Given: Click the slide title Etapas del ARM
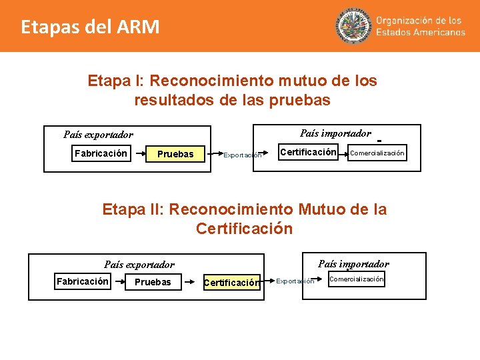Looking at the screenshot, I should (x=90, y=27).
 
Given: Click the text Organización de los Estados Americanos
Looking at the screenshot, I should (x=420, y=26).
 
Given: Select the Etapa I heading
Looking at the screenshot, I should (x=232, y=91).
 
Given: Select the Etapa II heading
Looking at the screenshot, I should (x=244, y=219).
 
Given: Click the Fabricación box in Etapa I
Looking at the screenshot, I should (x=101, y=154).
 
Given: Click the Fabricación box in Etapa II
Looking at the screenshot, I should (x=83, y=281).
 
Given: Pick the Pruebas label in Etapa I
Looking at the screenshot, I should (x=175, y=155).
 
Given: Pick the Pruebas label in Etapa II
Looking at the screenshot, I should (x=153, y=282).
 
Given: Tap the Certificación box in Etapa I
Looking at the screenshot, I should (x=308, y=153).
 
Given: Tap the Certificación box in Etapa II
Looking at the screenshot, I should (x=231, y=283).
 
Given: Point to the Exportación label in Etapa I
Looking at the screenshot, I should (x=243, y=155).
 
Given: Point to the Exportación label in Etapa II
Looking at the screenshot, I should (x=295, y=281).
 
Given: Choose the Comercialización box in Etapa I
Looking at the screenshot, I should (x=377, y=153).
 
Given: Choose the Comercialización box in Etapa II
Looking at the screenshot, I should (x=356, y=279).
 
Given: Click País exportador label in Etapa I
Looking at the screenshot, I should (x=98, y=135).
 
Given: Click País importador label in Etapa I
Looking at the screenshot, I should (x=335, y=133).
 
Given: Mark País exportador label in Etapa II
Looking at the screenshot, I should (x=139, y=265).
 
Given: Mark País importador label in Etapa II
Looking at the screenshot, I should (x=353, y=264).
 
